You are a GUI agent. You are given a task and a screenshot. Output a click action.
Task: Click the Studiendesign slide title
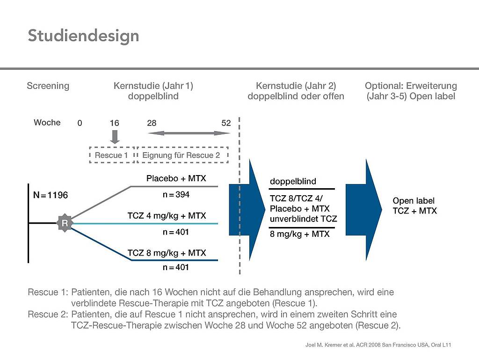(83, 36)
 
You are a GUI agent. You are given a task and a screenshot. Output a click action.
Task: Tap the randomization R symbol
(65, 223)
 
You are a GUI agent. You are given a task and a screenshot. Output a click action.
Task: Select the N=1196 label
(51, 195)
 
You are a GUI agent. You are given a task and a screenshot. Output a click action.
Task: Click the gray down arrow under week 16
(115, 137)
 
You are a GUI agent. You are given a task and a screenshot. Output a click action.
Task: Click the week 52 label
(226, 123)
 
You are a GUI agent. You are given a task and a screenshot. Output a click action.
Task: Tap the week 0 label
(80, 123)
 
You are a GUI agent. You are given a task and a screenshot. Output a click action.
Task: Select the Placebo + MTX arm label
(176, 178)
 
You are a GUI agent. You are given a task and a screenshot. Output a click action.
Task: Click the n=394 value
(176, 194)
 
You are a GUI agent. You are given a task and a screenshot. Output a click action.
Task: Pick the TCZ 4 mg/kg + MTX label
(167, 215)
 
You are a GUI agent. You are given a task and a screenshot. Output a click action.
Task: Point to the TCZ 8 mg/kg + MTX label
(167, 253)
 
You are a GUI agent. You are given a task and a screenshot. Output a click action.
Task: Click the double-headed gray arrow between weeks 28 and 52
(189, 133)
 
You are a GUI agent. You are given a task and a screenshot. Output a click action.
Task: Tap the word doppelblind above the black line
(293, 181)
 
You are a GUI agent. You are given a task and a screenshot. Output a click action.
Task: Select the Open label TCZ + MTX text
(414, 206)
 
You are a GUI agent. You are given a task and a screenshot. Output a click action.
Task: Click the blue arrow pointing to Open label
(364, 210)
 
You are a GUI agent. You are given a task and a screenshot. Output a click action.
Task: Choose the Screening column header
(48, 86)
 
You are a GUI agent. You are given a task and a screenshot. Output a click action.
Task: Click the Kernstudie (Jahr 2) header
(296, 86)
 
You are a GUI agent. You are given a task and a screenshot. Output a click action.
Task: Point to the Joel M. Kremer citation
(378, 345)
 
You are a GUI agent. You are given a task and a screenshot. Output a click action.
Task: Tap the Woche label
(47, 123)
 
